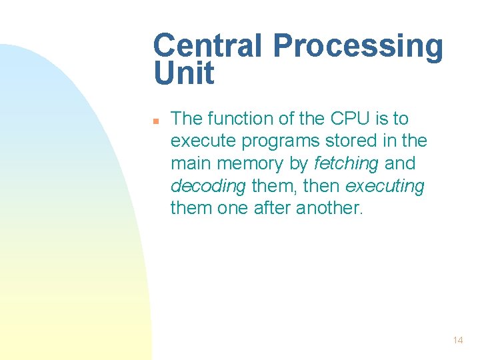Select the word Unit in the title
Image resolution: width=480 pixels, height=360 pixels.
[x=184, y=73]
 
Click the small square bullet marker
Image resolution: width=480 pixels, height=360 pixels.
[x=155, y=121]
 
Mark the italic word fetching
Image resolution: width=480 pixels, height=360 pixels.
[x=346, y=163]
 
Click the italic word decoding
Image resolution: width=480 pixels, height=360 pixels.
[x=208, y=186]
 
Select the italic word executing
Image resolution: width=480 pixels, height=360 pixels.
[x=385, y=186]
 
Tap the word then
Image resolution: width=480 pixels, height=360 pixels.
[x=322, y=186]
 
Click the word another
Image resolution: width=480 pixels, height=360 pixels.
[x=330, y=208]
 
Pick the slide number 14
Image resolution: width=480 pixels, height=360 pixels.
[x=457, y=340]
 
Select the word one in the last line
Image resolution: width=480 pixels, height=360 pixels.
[x=233, y=208]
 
